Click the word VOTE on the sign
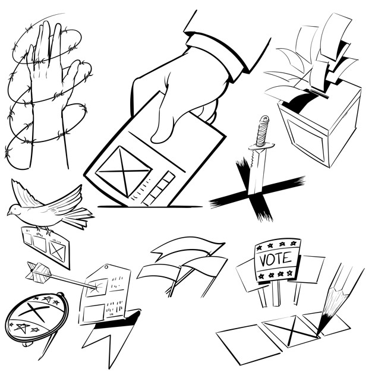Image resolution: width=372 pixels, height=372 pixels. [276, 259]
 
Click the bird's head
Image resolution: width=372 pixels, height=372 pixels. [16, 209]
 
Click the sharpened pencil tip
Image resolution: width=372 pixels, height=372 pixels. [321, 329]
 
